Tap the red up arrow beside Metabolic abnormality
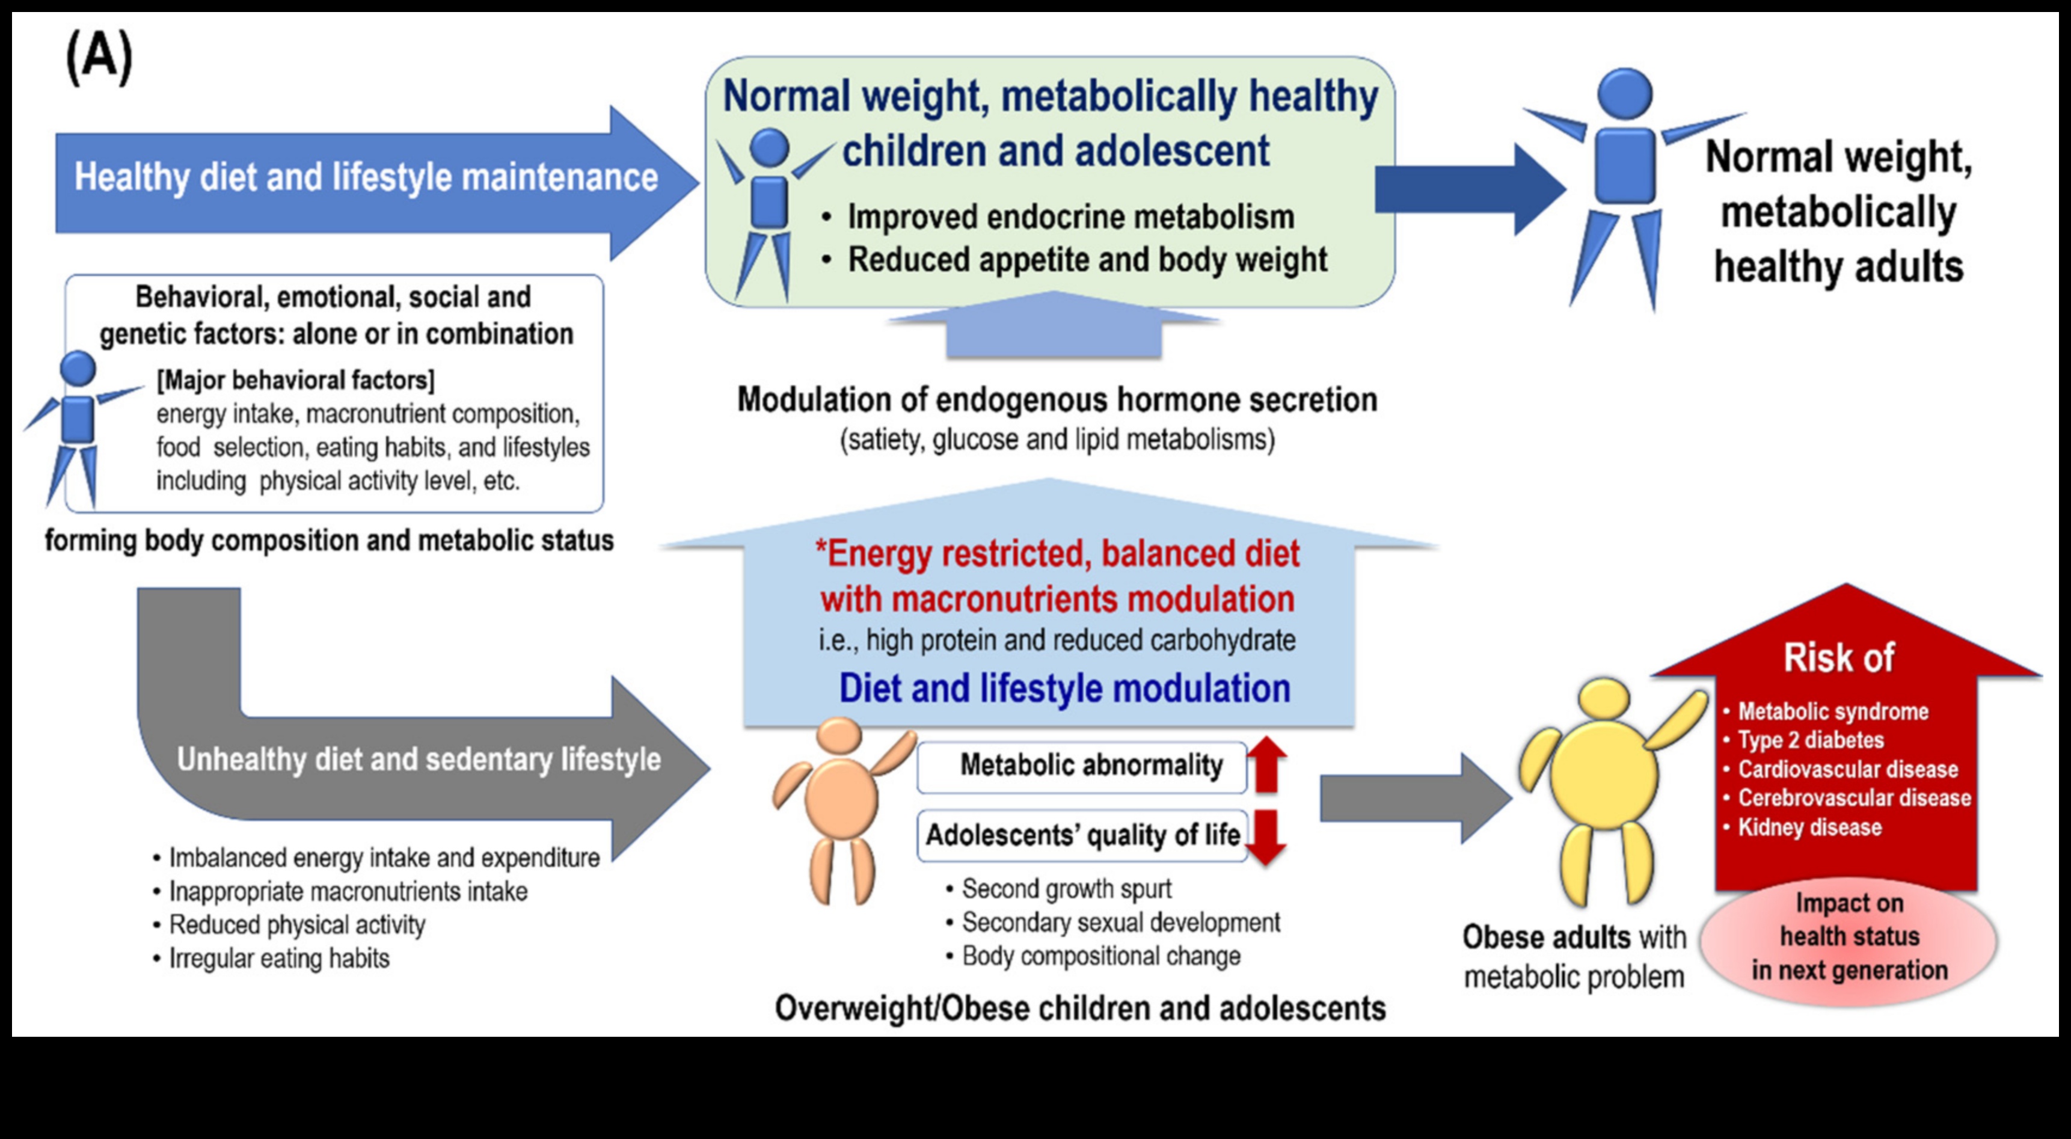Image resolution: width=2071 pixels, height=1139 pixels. click(1267, 764)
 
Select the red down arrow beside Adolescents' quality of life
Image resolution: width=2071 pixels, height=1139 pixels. click(1267, 837)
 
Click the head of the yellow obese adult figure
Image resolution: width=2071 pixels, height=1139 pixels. click(1604, 704)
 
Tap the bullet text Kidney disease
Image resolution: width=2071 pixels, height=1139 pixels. click(1809, 827)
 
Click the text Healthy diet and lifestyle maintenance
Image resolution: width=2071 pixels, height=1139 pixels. click(366, 177)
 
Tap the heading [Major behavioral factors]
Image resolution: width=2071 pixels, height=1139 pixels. click(295, 379)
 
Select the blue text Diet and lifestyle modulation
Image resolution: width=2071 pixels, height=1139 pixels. click(1064, 688)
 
